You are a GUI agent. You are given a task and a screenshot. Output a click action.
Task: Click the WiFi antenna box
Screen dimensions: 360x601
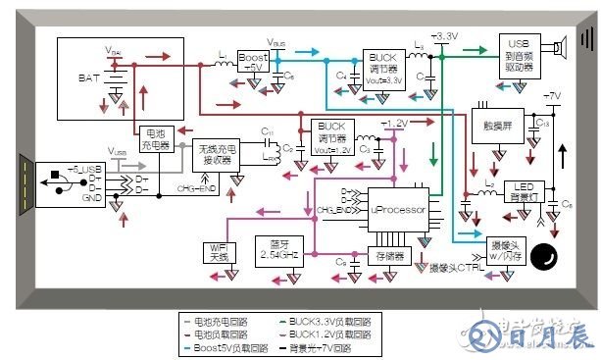click(x=218, y=251)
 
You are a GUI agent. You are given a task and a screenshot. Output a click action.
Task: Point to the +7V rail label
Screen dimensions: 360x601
click(x=551, y=98)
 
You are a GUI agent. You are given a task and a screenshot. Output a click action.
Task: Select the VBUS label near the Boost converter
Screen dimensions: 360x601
click(x=276, y=44)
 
